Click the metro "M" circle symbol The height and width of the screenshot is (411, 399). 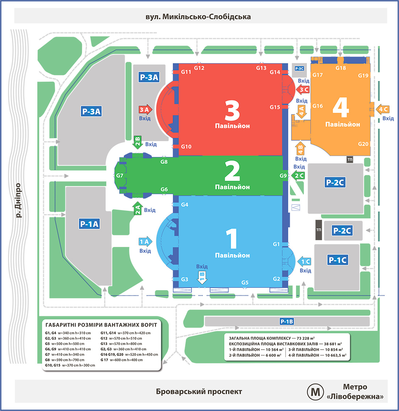pos(316,392)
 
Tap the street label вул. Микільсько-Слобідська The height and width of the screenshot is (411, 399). pos(198,17)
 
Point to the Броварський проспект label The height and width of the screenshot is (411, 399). pos(199,392)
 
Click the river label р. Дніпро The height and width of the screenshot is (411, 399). pos(18,200)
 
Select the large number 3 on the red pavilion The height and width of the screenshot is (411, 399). pos(232,111)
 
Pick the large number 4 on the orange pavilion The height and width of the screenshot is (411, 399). pos(341,107)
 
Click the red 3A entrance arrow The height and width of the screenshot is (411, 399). pos(145,110)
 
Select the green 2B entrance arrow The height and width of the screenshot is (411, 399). pos(137,142)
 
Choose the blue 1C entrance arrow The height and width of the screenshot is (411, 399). pos(305,262)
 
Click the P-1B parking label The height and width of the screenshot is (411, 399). pos(287,321)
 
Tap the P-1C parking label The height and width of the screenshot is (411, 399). pos(338,260)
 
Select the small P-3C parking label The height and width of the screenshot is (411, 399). pos(299,69)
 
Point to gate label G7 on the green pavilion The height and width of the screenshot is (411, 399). pos(120,176)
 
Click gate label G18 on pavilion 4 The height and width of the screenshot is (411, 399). pos(341,68)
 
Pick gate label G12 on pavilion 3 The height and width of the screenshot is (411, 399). pos(199,68)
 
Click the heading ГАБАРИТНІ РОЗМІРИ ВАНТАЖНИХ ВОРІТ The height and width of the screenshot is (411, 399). pos(101,325)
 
